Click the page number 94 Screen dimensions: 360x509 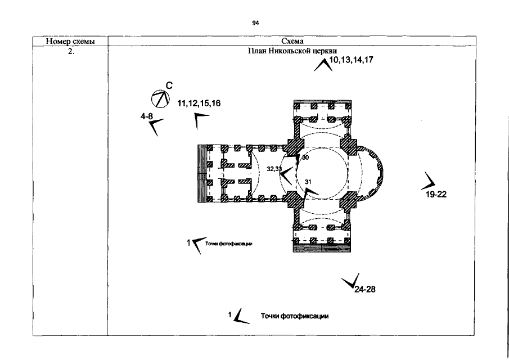255,23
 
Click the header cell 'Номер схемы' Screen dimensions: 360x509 70,41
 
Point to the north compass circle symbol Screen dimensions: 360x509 160,99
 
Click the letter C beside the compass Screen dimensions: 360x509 169,85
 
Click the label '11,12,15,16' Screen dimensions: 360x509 199,104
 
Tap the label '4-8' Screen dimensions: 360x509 146,116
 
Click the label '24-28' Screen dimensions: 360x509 364,290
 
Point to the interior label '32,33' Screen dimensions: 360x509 274,168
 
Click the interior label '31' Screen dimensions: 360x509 308,182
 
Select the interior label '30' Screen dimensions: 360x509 305,158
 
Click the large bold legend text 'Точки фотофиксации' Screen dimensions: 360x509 294,316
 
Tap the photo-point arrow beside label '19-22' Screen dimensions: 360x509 430,181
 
